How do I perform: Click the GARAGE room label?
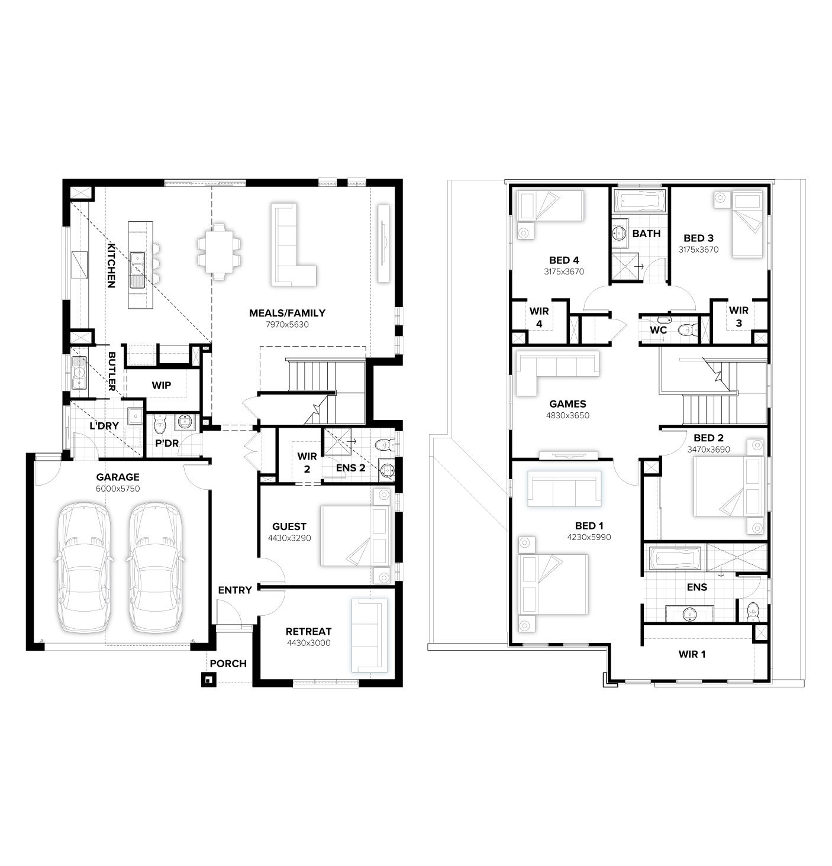click(118, 477)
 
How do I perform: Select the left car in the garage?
click(83, 567)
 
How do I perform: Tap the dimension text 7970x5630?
click(287, 325)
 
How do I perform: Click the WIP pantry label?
click(161, 385)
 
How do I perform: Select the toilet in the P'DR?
click(159, 424)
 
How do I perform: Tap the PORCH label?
click(228, 664)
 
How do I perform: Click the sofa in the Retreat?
click(369, 635)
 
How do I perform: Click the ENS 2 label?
click(350, 468)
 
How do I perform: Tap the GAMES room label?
click(567, 404)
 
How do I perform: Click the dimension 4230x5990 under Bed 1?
click(589, 537)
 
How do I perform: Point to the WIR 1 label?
click(691, 654)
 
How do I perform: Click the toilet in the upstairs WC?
click(687, 329)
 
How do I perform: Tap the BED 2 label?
click(708, 438)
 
